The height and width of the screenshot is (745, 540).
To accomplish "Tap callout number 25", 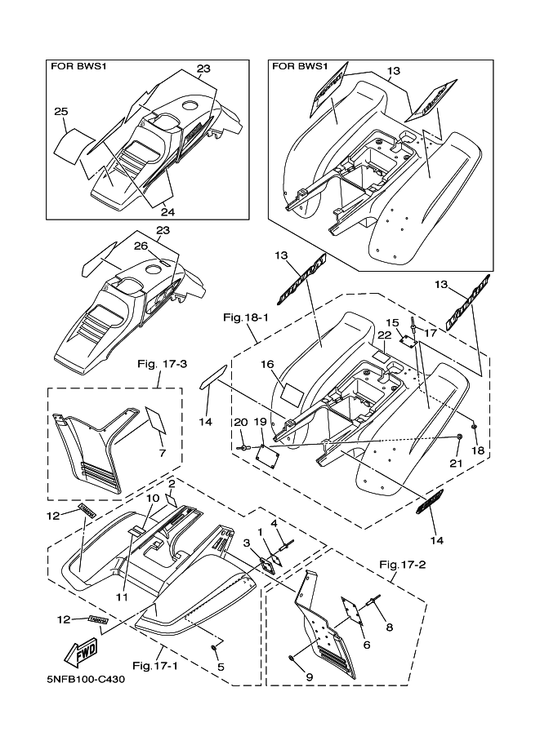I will [x=60, y=112].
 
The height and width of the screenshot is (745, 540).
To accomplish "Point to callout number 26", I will [x=140, y=245].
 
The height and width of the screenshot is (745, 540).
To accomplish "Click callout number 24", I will [x=168, y=212].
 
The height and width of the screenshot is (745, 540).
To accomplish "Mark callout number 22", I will [x=384, y=336].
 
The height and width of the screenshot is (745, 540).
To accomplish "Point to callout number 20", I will [x=240, y=422].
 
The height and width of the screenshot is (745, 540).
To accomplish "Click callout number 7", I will [x=162, y=452].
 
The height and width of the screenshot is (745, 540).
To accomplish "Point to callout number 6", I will [x=366, y=645].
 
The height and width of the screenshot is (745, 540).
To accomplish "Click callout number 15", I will [x=392, y=323].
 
